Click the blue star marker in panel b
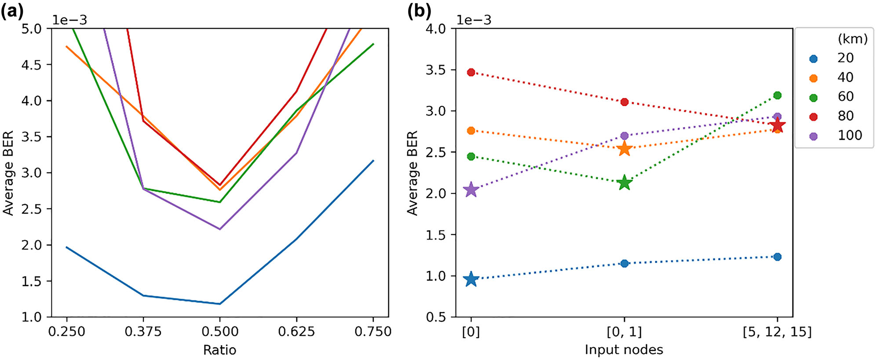click(471, 279)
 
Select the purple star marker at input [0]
click(471, 189)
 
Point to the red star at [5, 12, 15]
click(777, 125)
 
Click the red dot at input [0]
click(471, 72)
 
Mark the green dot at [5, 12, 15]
click(777, 95)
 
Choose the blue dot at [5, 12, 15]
click(777, 257)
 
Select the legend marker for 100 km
click(814, 136)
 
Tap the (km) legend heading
click(852, 39)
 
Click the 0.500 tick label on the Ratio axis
click(220, 331)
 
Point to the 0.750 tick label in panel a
click(373, 331)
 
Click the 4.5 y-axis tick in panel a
click(31, 65)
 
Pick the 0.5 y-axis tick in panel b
click(435, 317)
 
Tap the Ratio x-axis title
click(219, 350)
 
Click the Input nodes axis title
click(624, 350)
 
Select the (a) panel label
click(12, 11)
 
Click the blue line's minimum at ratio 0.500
click(220, 304)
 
